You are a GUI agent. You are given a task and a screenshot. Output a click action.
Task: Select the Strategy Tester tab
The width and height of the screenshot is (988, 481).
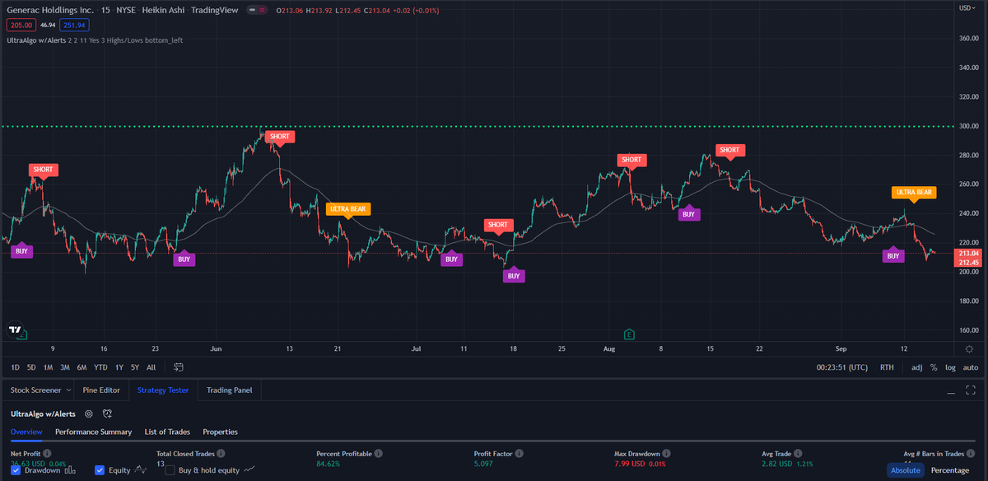(x=163, y=390)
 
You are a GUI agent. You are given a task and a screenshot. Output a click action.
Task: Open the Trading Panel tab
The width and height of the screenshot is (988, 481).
(x=230, y=390)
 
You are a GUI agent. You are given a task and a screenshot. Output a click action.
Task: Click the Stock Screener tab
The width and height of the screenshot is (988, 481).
(x=35, y=390)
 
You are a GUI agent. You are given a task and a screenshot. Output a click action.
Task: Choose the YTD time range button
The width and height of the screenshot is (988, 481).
(x=100, y=367)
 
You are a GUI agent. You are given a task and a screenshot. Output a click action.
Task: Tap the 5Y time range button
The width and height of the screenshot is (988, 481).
(x=134, y=367)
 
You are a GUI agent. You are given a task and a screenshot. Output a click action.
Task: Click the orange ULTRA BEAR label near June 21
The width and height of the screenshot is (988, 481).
(x=347, y=209)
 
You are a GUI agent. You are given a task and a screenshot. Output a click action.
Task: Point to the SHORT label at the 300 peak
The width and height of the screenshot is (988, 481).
(x=280, y=136)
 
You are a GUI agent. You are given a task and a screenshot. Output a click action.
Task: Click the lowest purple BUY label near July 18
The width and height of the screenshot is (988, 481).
(x=514, y=277)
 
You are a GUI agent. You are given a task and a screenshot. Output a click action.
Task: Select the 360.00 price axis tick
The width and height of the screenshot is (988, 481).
(x=967, y=38)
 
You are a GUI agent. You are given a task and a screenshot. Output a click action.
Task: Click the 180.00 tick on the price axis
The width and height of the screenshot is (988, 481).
(x=967, y=301)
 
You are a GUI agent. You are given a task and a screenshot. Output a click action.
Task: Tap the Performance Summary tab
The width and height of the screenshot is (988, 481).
(x=93, y=432)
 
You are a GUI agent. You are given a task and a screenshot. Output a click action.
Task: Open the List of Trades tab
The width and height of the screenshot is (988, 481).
(x=167, y=432)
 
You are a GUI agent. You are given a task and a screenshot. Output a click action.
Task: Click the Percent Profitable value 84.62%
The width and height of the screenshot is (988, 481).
(x=328, y=465)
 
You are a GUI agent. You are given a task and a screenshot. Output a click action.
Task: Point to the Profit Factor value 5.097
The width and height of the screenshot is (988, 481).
(x=484, y=465)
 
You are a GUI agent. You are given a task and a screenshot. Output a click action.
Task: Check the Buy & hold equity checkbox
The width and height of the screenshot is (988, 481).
(x=170, y=470)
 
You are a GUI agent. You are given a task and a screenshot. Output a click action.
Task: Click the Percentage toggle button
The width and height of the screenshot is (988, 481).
(x=949, y=470)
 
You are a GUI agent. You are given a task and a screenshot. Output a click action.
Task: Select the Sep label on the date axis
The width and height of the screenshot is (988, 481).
(x=841, y=348)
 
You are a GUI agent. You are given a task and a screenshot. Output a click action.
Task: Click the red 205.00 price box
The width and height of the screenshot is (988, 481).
(x=21, y=26)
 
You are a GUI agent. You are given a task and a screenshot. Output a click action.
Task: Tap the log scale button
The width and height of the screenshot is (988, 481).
(x=951, y=367)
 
